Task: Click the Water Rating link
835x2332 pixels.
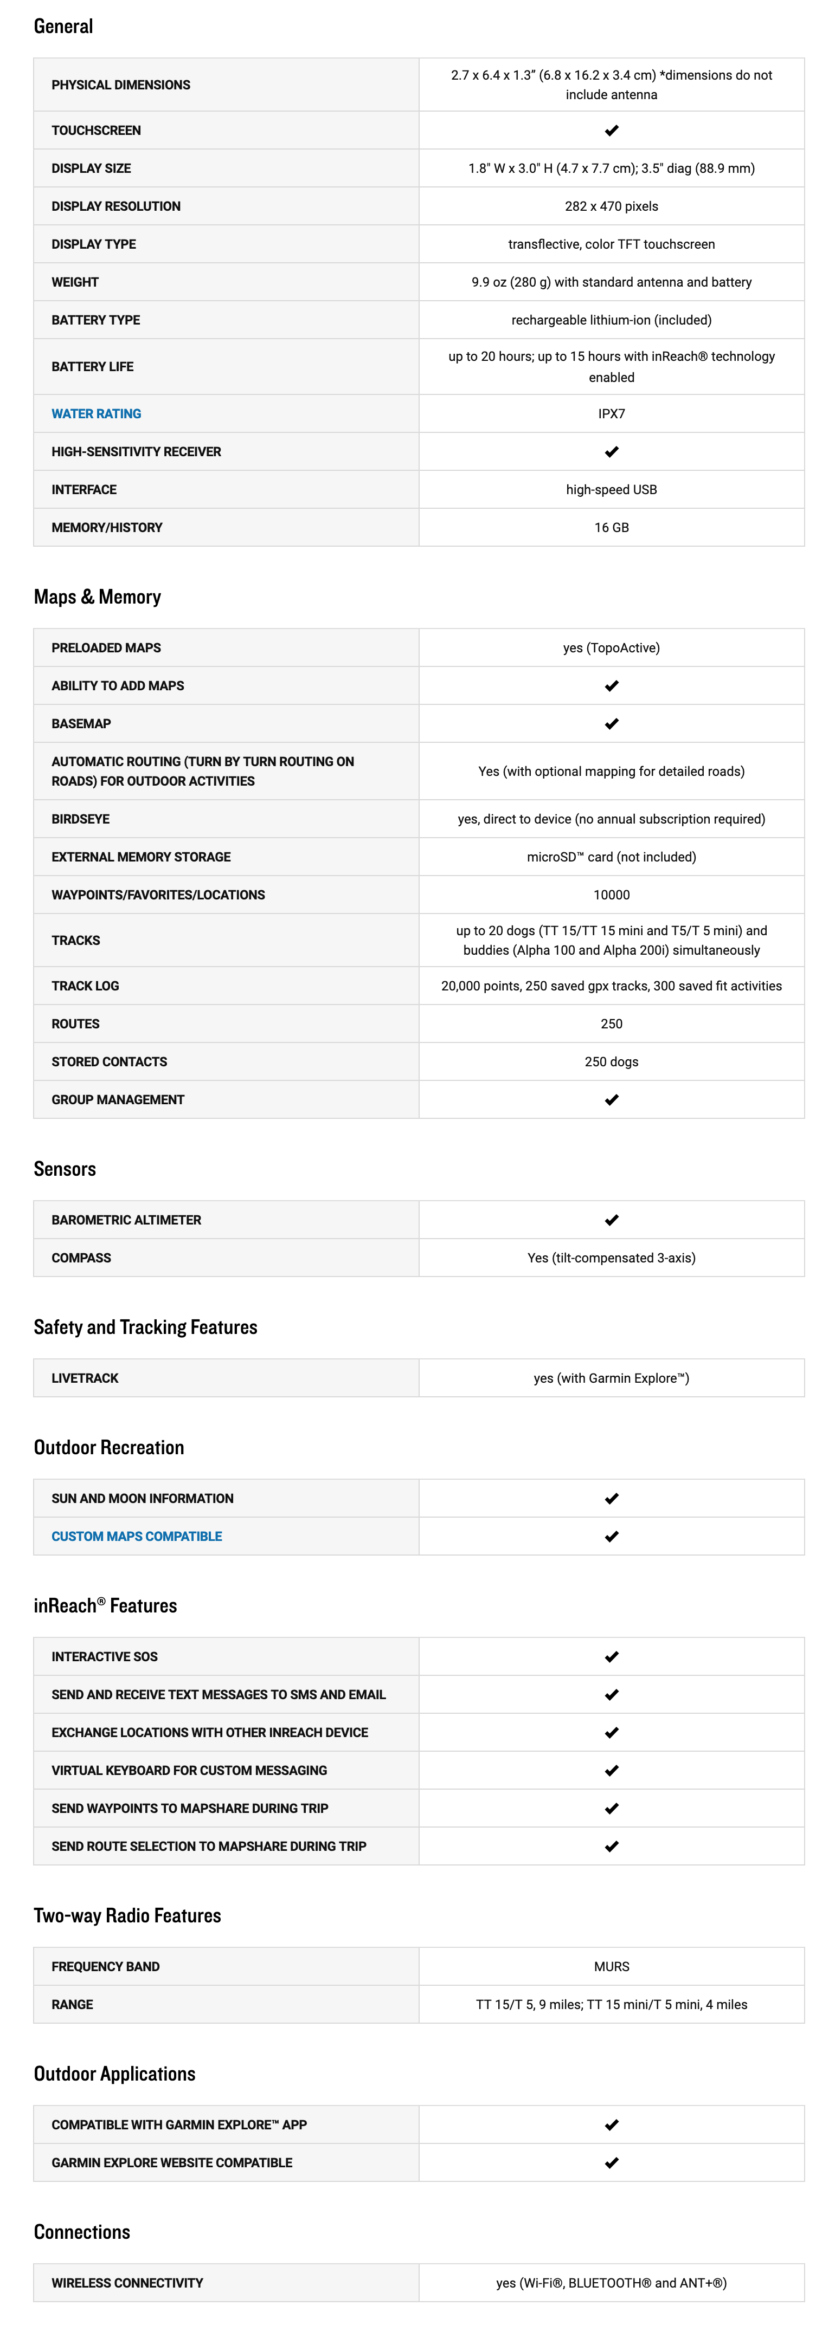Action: tap(96, 414)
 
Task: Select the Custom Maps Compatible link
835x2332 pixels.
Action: tap(136, 1536)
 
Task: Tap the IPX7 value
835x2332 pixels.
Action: tap(611, 414)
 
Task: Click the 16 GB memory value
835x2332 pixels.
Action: tap(611, 528)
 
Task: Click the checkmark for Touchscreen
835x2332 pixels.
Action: tap(611, 131)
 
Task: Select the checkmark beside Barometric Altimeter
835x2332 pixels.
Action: tap(611, 1220)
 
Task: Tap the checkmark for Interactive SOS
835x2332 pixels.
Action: tap(611, 1657)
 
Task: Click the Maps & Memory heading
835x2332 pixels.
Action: tap(97, 597)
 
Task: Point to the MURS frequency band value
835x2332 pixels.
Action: tap(611, 1966)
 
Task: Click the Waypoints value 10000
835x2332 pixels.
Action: tap(611, 895)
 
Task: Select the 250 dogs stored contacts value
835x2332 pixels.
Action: tap(611, 1062)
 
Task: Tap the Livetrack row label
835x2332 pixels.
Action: tap(85, 1378)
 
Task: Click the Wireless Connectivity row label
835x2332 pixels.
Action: tap(127, 2283)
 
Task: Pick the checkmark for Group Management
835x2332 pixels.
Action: tap(611, 1100)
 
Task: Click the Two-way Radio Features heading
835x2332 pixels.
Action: tap(127, 1915)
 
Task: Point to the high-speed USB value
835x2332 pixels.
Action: tap(611, 490)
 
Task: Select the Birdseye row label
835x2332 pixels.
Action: tap(81, 819)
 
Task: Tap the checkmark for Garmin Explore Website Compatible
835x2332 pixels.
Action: tap(611, 2163)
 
